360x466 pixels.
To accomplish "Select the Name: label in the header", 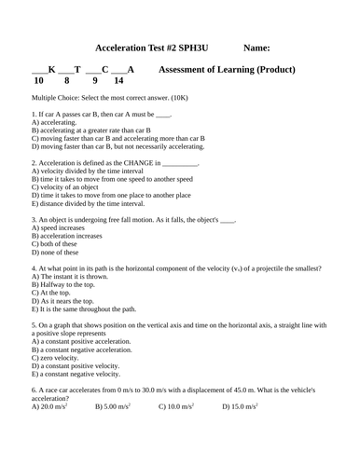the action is click(x=256, y=48).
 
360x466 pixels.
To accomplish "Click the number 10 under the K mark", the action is click(x=38, y=81).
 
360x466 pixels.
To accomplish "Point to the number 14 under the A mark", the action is click(x=118, y=81).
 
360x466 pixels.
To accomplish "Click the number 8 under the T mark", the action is click(x=66, y=81).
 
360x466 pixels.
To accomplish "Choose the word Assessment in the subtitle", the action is click(x=185, y=69).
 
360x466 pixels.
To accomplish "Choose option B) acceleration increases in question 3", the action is click(x=67, y=236).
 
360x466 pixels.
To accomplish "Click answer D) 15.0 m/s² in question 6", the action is click(x=240, y=407).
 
